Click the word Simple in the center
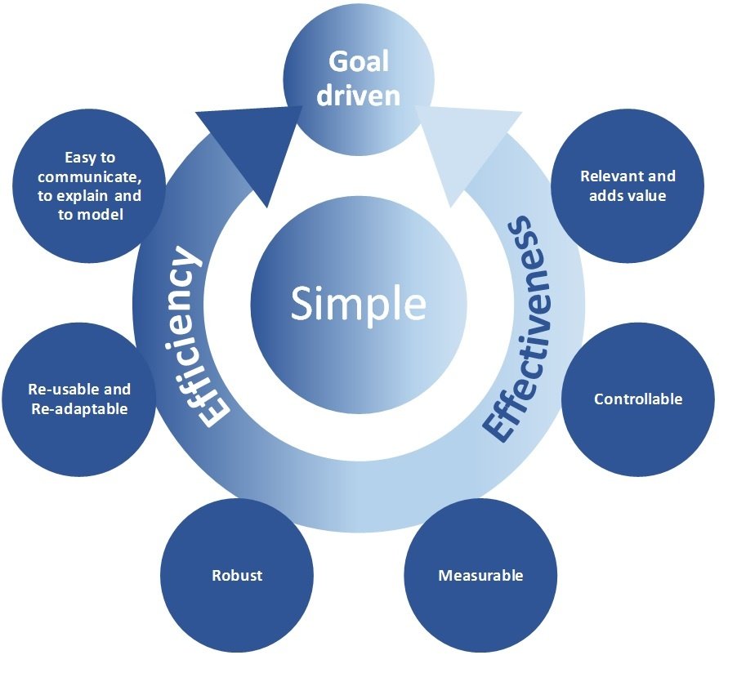coord(358,305)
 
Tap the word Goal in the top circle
coord(358,61)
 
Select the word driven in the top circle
coord(358,95)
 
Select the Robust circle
coord(237,575)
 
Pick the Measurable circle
coord(480,575)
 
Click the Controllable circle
coord(638,399)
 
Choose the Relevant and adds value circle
coord(628,185)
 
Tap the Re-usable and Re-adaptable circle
coord(79,399)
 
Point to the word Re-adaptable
coord(79,409)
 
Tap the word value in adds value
coord(647,196)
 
